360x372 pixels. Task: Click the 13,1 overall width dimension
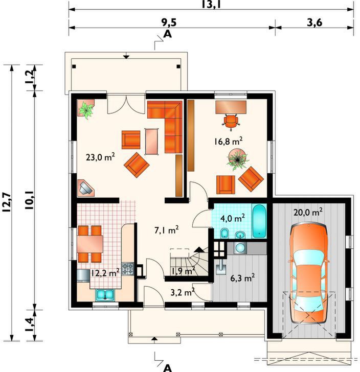click(x=211, y=4)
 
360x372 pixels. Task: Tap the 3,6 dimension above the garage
click(x=314, y=23)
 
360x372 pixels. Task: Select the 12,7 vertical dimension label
click(x=7, y=202)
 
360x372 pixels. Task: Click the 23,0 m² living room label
click(x=100, y=156)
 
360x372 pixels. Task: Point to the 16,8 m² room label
click(x=228, y=142)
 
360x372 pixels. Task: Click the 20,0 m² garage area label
click(x=308, y=212)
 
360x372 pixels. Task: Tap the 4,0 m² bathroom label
click(x=233, y=218)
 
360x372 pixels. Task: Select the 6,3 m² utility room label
click(x=243, y=277)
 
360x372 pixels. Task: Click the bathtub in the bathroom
click(x=260, y=221)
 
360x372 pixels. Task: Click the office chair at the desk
click(x=231, y=122)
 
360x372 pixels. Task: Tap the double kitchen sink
click(x=105, y=295)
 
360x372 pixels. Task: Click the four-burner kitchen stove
click(x=128, y=269)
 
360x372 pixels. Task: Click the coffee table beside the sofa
click(x=152, y=142)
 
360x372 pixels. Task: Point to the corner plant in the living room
click(x=86, y=109)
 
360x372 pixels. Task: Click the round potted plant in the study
click(x=237, y=159)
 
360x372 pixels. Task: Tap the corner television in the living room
click(x=86, y=188)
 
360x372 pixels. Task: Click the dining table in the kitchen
click(x=90, y=244)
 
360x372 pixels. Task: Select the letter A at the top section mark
click(x=168, y=34)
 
